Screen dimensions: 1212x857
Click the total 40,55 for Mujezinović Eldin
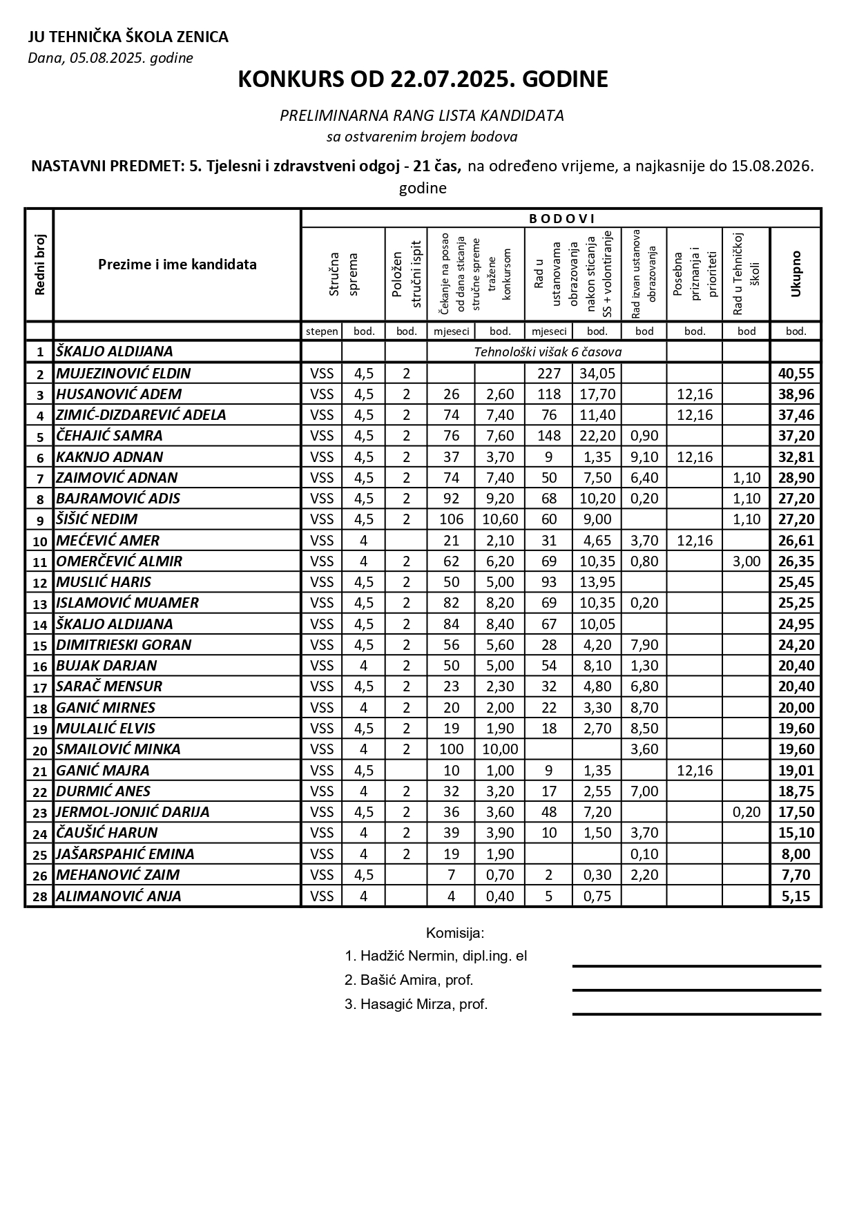click(x=796, y=374)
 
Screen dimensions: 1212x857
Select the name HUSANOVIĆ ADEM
click(x=119, y=394)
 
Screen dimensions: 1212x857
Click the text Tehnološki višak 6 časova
click(x=547, y=352)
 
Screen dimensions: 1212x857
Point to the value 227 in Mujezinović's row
click(x=548, y=374)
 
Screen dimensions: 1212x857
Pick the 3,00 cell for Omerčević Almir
click(x=746, y=561)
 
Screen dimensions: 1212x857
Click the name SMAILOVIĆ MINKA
click(x=118, y=749)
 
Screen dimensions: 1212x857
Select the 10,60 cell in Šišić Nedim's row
click(x=499, y=519)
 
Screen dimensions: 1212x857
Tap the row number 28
click(x=39, y=897)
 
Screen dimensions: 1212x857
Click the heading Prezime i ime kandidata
click(x=177, y=264)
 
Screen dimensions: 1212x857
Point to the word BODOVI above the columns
click(x=561, y=219)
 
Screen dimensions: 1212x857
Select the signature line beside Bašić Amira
click(x=696, y=990)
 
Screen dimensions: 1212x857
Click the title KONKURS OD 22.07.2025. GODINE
click(x=423, y=79)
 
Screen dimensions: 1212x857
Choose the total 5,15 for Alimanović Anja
click(x=796, y=896)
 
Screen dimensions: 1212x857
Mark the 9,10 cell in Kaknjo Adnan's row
click(x=644, y=457)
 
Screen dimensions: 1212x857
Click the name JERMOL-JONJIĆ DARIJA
click(x=133, y=812)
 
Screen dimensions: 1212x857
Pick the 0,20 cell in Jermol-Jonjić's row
click(x=746, y=812)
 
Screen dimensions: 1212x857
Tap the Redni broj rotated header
click(x=39, y=264)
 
